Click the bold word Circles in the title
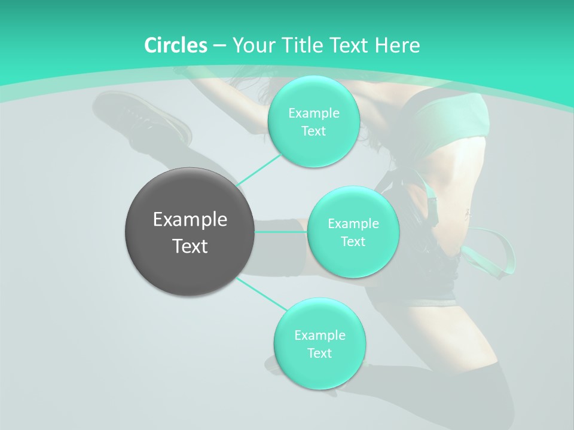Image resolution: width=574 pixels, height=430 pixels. [176, 45]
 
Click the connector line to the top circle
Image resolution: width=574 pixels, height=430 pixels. [258, 170]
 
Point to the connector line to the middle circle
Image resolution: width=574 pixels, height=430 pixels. [281, 232]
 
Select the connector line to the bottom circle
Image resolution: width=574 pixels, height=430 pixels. [262, 294]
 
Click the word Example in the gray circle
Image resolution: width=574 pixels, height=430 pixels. [190, 220]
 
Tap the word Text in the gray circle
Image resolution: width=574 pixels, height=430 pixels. [190, 246]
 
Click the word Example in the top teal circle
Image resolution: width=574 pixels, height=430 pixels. [313, 113]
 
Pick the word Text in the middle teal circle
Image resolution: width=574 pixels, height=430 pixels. [353, 242]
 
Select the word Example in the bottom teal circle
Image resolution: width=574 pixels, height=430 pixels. [319, 336]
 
